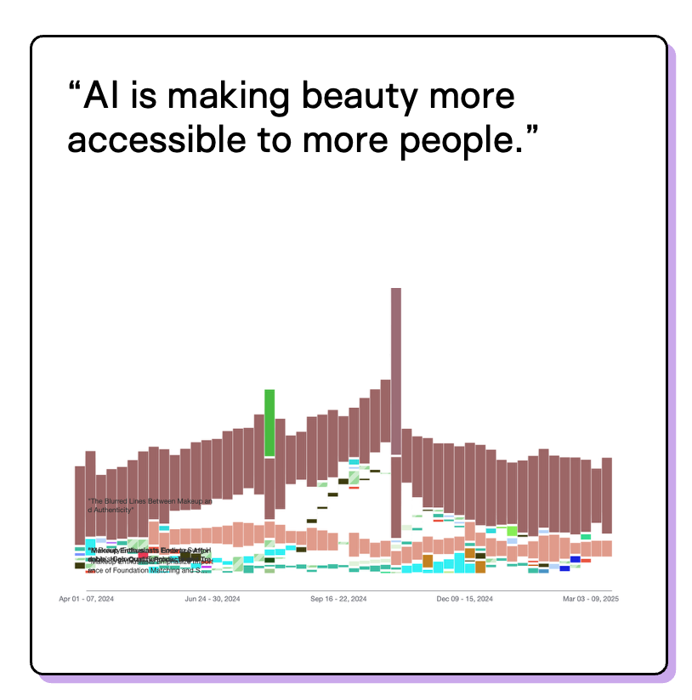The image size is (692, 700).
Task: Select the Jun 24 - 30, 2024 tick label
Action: click(213, 599)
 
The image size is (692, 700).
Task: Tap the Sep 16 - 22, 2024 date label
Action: click(338, 599)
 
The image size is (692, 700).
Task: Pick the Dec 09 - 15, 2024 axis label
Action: click(464, 599)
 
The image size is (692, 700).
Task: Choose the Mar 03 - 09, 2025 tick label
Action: click(590, 599)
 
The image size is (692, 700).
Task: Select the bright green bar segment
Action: click(269, 422)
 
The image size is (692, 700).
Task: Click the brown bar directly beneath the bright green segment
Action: click(269, 488)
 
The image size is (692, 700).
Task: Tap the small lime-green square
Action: click(512, 531)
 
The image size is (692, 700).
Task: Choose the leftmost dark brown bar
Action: click(80, 505)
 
